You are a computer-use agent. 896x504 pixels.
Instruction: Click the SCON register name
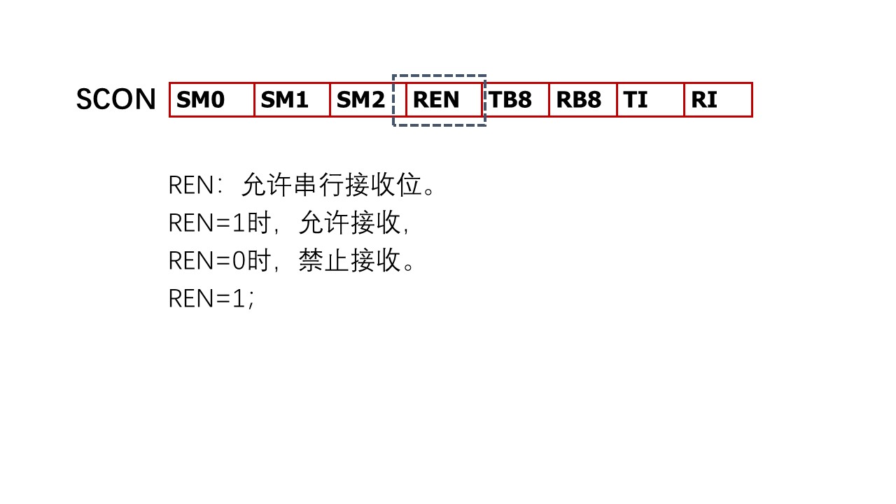pyautogui.click(x=115, y=99)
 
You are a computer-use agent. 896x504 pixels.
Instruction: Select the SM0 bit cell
pyautogui.click(x=211, y=100)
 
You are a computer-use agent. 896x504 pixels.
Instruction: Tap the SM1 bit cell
pyautogui.click(x=292, y=100)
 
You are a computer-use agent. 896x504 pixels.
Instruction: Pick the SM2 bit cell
pyautogui.click(x=361, y=100)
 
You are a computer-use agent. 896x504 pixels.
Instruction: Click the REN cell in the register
pyautogui.click(x=443, y=100)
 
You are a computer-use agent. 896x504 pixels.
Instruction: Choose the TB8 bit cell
pyautogui.click(x=515, y=100)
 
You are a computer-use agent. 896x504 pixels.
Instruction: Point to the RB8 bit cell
pyautogui.click(x=582, y=100)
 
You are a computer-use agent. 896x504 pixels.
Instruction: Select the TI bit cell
pyautogui.click(x=650, y=100)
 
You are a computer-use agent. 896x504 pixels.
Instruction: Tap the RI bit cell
pyautogui.click(x=717, y=100)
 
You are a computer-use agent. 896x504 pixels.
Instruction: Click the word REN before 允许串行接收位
pyautogui.click(x=190, y=185)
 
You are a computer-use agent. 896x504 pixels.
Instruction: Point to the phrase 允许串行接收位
pyautogui.click(x=332, y=185)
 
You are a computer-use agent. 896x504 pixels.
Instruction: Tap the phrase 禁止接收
pyautogui.click(x=349, y=261)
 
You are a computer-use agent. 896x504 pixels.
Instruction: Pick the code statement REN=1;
pyautogui.click(x=211, y=299)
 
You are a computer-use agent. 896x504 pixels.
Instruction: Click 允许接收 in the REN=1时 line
pyautogui.click(x=349, y=223)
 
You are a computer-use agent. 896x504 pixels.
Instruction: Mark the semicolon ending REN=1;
pyautogui.click(x=251, y=301)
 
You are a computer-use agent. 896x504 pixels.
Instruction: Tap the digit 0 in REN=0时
pyautogui.click(x=239, y=261)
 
